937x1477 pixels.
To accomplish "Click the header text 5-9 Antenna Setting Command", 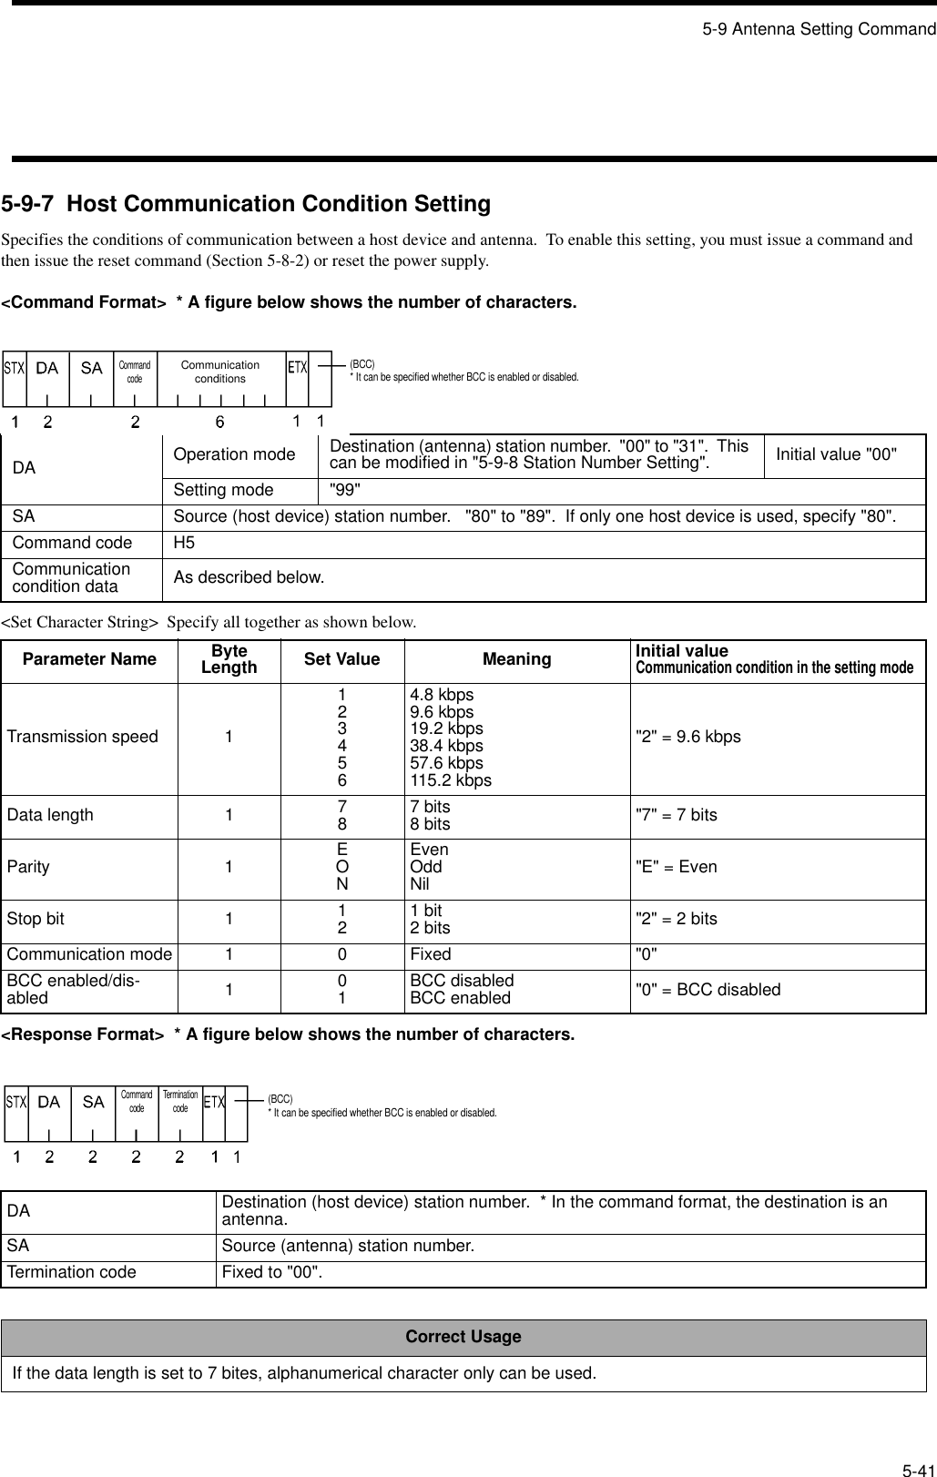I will pyautogui.click(x=819, y=29).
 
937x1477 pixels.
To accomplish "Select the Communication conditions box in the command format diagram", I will pyautogui.click(x=220, y=372).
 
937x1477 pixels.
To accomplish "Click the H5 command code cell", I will pyautogui.click(x=184, y=543).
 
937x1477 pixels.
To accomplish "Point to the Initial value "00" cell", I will pyautogui.click(x=836, y=454).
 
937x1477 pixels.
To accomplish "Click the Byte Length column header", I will pyautogui.click(x=229, y=659).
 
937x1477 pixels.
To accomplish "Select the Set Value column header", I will pyautogui.click(x=341, y=659).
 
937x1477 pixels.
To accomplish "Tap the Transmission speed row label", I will pyautogui.click(x=83, y=737).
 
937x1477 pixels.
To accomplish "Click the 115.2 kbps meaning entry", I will pyautogui.click(x=451, y=780).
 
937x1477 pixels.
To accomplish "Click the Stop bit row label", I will pyautogui.click(x=36, y=919).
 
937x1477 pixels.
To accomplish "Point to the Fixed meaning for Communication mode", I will pyautogui.click(x=430, y=954).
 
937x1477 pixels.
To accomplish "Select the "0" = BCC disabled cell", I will pyautogui.click(x=708, y=990).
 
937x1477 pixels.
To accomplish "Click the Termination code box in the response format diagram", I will pyautogui.click(x=180, y=1101).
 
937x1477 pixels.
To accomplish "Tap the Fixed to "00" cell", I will pyautogui.click(x=273, y=1272).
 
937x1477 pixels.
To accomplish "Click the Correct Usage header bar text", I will pyautogui.click(x=463, y=1337).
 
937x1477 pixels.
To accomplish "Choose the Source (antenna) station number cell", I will pyautogui.click(x=348, y=1246).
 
